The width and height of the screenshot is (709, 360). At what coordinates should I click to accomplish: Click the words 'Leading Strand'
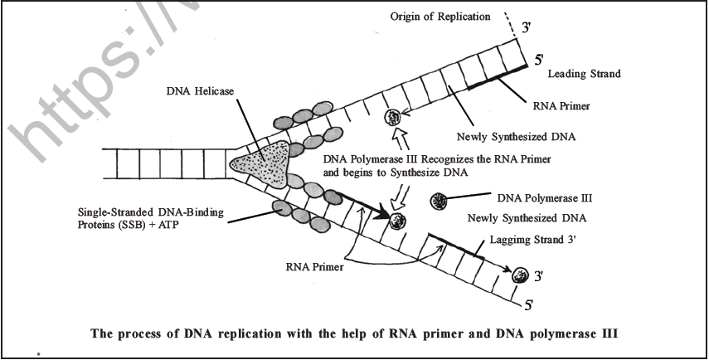585,74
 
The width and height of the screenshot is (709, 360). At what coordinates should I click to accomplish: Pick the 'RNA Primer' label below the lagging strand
315,268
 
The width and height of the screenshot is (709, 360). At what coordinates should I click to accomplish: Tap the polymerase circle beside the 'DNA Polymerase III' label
440,200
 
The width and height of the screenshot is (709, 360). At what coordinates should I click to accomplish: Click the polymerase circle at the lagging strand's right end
520,275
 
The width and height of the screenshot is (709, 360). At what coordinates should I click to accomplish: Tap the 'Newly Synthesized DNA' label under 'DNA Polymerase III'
527,218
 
